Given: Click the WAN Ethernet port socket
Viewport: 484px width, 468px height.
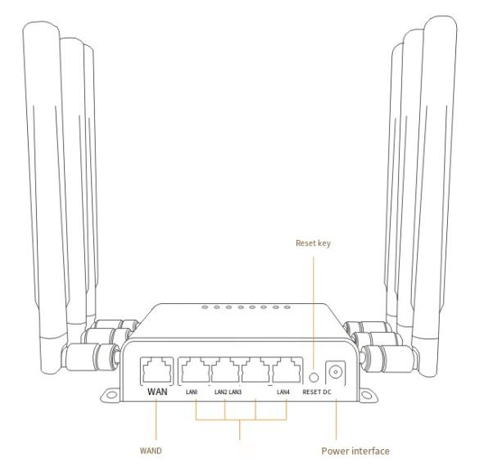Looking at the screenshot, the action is coord(156,370).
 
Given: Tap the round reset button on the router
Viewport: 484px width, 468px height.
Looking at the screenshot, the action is coord(314,377).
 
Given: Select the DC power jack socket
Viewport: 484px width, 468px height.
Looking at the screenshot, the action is coord(335,372).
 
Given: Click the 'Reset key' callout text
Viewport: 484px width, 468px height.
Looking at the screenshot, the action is coord(313,243).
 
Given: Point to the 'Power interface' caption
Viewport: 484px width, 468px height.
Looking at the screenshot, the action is coord(355,451).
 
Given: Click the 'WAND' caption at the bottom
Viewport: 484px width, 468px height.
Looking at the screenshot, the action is coord(151,451).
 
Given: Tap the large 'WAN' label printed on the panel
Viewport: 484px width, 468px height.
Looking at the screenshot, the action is coord(157,392).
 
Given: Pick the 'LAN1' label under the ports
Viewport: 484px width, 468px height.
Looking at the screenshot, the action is coord(192,392).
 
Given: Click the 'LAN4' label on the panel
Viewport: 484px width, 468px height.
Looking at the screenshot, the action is coord(283,392).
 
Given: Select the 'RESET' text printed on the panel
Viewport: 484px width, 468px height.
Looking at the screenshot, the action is coord(312,392).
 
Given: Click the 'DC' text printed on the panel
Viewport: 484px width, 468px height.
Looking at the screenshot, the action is coord(327,392).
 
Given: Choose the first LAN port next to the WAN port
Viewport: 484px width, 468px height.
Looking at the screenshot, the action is coord(195,370).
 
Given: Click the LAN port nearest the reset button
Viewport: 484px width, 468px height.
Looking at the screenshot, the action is coord(286,370).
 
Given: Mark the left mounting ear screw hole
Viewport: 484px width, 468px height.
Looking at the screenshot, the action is coord(111,394).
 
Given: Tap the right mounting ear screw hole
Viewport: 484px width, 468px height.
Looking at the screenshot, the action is coord(366,395).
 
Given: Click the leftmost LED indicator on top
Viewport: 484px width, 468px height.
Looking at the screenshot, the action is coord(205,307).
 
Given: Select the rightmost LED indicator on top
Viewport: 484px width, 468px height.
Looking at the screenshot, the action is coord(287,307).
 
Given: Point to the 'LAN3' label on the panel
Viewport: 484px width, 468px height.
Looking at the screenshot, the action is coord(235,392).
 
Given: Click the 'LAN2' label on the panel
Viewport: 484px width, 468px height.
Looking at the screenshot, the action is coord(220,392).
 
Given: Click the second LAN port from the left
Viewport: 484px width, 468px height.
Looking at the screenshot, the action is coord(225,370).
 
